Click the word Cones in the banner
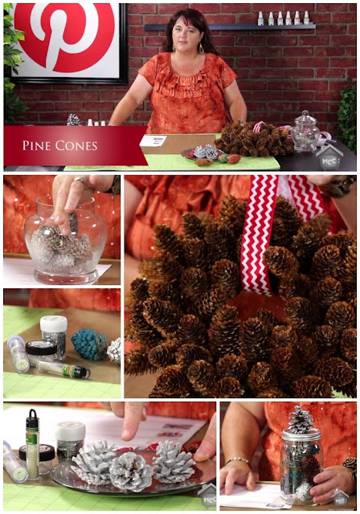pos(76,145)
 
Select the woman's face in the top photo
pos(186,34)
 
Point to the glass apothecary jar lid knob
pos(305,114)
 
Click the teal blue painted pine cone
pos(89,345)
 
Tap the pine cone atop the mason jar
pos(300,419)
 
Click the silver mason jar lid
pos(301,434)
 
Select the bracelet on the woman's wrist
pos(237,460)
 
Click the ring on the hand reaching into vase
pos(80,179)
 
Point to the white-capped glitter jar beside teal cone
pos(54,337)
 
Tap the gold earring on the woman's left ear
pos(201,48)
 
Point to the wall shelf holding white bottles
pos(230,27)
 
